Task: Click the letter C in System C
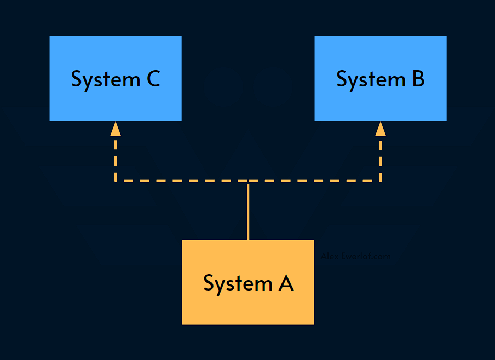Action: tap(153, 79)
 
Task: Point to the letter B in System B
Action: tap(417, 79)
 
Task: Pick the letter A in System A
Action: tap(285, 283)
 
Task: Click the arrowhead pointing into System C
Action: tap(116, 129)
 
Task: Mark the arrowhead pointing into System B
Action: tap(381, 129)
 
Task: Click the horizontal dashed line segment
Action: tap(181, 181)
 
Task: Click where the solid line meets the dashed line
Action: tap(248, 181)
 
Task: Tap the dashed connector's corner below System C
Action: tap(116, 181)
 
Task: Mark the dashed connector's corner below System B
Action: tap(381, 181)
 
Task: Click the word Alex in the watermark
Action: tap(330, 257)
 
